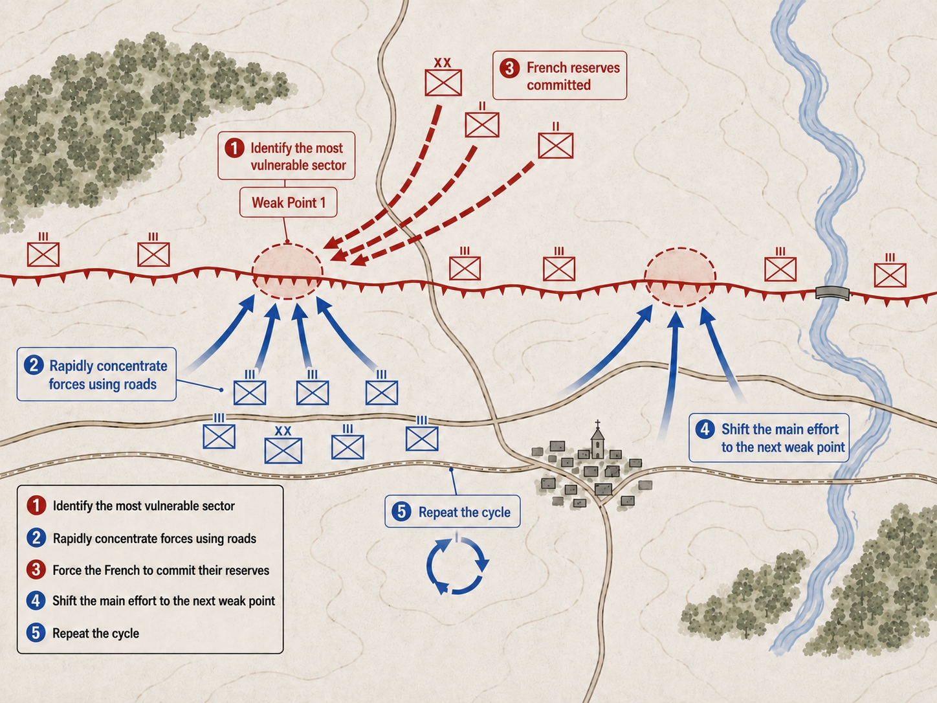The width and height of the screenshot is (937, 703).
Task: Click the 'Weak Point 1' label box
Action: pos(288,203)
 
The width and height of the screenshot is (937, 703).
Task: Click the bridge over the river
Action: pos(832,293)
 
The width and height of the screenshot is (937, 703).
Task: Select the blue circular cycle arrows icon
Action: pos(457,566)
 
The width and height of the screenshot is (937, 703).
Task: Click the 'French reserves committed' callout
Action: pos(560,76)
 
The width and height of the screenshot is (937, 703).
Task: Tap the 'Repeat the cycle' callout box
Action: pos(452,511)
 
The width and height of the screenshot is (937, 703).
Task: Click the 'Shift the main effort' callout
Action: pos(769,438)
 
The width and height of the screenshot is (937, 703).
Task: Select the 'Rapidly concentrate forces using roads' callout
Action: pos(96,374)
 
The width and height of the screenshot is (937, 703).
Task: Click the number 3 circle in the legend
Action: pos(36,570)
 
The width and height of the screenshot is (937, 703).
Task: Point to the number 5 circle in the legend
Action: pos(36,632)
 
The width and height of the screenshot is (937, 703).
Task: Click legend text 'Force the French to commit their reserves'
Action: pos(161,570)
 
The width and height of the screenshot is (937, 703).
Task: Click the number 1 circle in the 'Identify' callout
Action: pos(234,148)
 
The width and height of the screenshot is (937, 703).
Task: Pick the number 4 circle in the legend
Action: pos(36,601)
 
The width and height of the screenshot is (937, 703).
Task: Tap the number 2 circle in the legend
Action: pos(36,538)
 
